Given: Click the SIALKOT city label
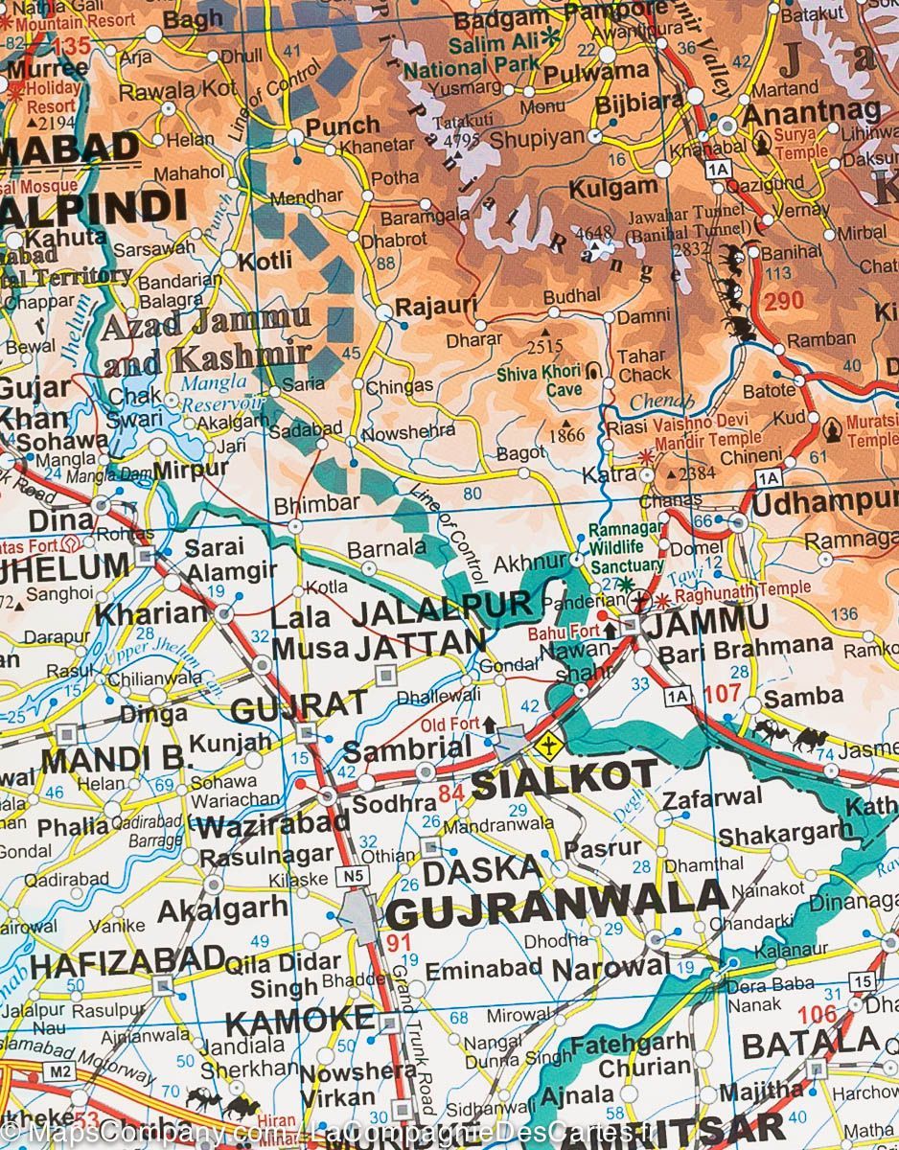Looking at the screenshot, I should click(x=565, y=779).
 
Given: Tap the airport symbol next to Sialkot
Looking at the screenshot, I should click(x=548, y=744).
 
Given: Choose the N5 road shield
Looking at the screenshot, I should click(x=355, y=874).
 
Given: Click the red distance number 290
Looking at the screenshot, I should click(x=784, y=302).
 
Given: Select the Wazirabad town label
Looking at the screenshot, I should click(x=275, y=822).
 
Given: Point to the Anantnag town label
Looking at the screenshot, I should click(x=797, y=113).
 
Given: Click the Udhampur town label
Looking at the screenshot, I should click(x=824, y=501).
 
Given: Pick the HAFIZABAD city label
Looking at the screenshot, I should click(x=126, y=959).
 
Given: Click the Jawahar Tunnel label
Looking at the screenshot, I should click(x=687, y=218).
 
